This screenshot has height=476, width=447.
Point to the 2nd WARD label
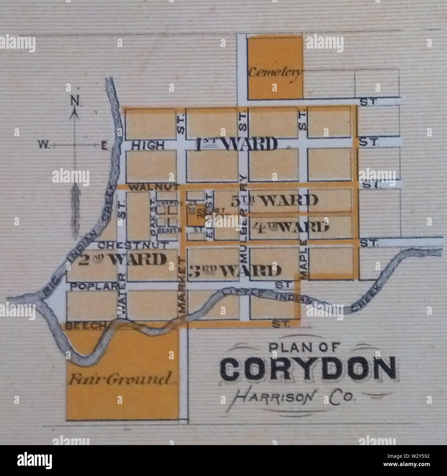tap(122, 259)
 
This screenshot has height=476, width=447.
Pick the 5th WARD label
tap(274, 200)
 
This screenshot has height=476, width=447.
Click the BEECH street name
tap(82, 326)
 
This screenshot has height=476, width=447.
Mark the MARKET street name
tap(182, 286)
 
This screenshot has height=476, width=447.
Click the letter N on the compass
tap(74, 101)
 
